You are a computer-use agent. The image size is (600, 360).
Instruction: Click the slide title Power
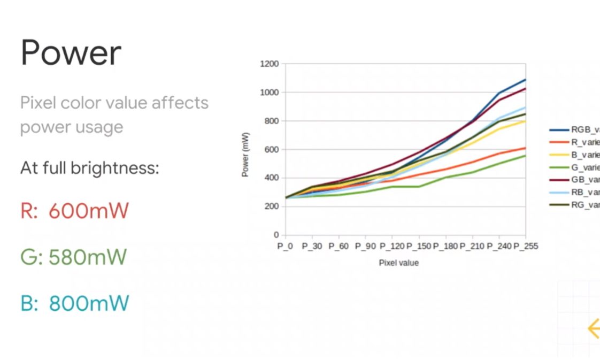(71, 53)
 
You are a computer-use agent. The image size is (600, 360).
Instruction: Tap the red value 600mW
(88, 211)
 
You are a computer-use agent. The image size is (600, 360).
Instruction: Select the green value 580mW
(87, 257)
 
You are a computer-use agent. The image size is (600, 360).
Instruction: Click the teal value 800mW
(89, 304)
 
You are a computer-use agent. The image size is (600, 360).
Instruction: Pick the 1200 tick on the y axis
(269, 64)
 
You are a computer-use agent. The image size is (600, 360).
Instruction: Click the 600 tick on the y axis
(271, 150)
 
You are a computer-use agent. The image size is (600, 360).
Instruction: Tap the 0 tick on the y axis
(276, 235)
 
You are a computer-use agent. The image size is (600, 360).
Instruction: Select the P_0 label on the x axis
(286, 247)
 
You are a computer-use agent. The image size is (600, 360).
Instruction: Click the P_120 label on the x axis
(392, 247)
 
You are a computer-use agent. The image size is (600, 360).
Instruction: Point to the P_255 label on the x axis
(525, 247)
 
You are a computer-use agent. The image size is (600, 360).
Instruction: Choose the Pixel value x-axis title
(398, 263)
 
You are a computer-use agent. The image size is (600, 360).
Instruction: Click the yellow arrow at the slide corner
(593, 328)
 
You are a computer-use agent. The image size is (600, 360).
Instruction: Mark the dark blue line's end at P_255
(525, 80)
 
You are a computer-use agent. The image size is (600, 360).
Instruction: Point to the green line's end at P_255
(525, 156)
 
